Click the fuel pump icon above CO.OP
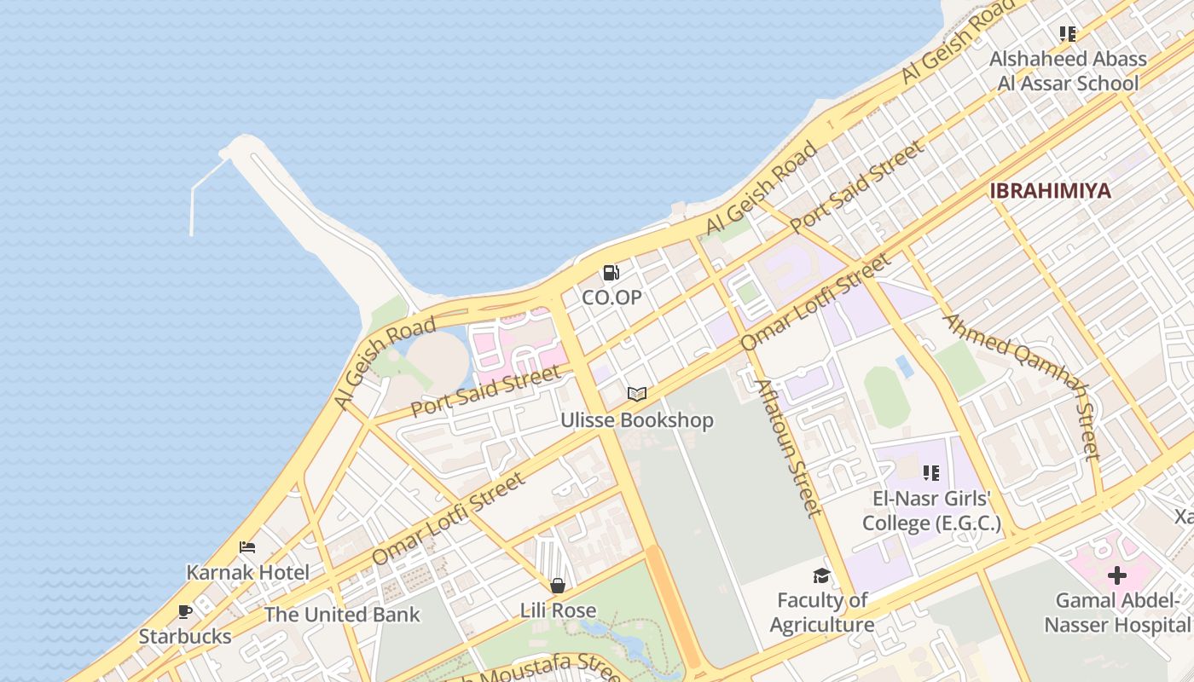(611, 273)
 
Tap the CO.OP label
(611, 298)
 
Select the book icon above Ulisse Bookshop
(636, 394)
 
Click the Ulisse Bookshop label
(636, 420)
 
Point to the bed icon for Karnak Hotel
(247, 546)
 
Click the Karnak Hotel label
(247, 572)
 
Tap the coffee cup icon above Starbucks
(185, 611)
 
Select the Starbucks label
(185, 637)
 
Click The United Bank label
(342, 615)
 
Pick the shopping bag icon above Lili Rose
(557, 586)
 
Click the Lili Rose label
(557, 610)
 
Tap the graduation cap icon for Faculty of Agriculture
(821, 575)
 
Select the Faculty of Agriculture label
(822, 613)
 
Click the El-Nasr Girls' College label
(931, 510)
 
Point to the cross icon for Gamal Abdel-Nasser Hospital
(1116, 575)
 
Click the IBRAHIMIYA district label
(1051, 191)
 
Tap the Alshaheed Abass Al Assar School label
(1068, 71)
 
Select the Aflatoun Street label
(788, 448)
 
